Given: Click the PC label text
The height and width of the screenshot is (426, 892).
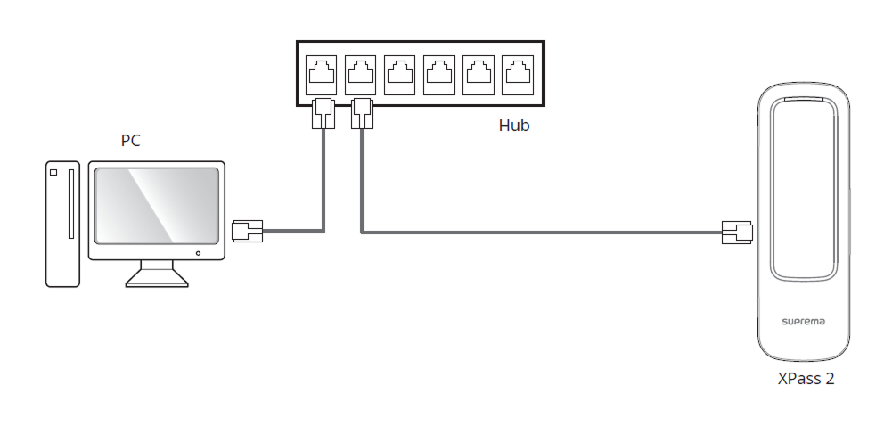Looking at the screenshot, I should click(130, 141).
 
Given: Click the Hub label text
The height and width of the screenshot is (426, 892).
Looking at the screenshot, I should click(513, 126).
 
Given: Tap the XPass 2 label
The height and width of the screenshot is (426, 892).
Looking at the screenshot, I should click(805, 378).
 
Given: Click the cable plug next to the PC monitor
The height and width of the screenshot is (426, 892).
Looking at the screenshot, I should click(246, 231).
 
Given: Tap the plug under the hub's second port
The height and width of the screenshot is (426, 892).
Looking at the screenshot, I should click(361, 113).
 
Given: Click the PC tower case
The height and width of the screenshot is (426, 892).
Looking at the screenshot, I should click(62, 223).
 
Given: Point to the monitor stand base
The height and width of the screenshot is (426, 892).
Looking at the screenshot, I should click(157, 279).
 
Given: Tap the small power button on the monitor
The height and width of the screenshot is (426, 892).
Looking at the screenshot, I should click(197, 253).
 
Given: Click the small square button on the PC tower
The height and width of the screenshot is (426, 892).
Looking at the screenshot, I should click(53, 171).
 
